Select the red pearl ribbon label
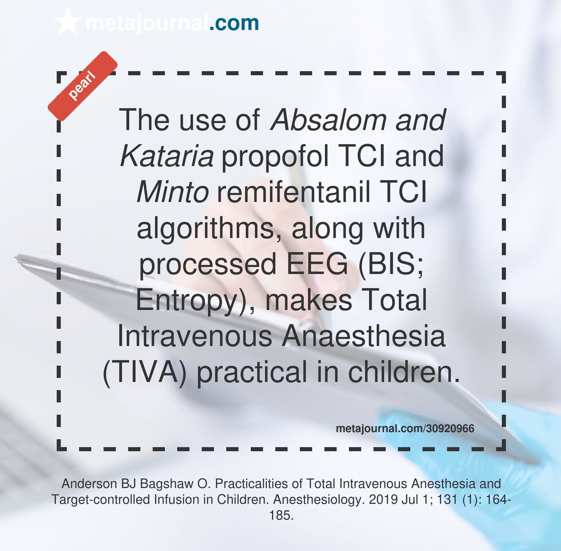[82, 86]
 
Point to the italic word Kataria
[167, 156]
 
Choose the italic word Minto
[173, 192]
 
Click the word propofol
[274, 156]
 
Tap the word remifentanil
[293, 192]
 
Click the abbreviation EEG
[317, 264]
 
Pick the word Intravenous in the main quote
[195, 336]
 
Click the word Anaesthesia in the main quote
[363, 336]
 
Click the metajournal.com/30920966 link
[405, 429]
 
